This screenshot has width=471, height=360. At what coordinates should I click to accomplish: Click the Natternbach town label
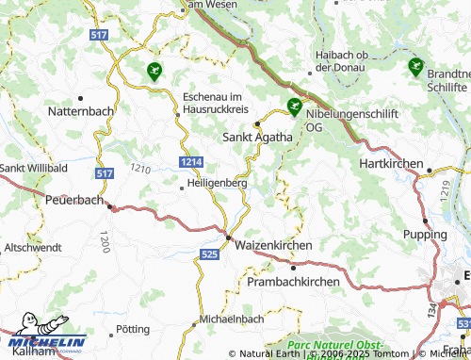(77, 110)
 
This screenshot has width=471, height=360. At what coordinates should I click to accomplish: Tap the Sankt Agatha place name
(257, 137)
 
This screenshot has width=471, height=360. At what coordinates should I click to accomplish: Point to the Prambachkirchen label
(294, 282)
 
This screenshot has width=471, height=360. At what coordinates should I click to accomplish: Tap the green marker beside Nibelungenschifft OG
(294, 107)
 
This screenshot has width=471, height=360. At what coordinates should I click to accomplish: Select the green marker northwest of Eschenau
(154, 69)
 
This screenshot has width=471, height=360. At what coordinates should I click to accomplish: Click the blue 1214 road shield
(191, 163)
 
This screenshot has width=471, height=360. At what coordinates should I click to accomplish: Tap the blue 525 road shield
(211, 254)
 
